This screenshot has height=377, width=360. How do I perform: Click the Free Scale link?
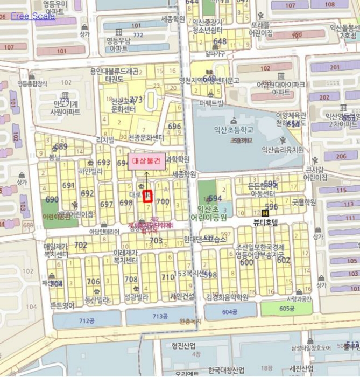(32, 16)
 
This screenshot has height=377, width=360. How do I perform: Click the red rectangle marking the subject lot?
(149, 196)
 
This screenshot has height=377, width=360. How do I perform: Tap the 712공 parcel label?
(87, 321)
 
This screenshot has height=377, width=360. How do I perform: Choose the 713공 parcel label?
(160, 316)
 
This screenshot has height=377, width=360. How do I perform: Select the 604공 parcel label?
(229, 311)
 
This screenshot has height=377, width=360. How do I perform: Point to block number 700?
(163, 201)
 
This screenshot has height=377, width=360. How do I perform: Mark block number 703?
(156, 240)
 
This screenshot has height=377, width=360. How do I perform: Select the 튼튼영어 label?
(63, 305)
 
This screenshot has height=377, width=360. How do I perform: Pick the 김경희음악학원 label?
(227, 297)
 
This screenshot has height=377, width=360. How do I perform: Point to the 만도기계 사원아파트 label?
(65, 108)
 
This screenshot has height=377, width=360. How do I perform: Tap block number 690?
(52, 199)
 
